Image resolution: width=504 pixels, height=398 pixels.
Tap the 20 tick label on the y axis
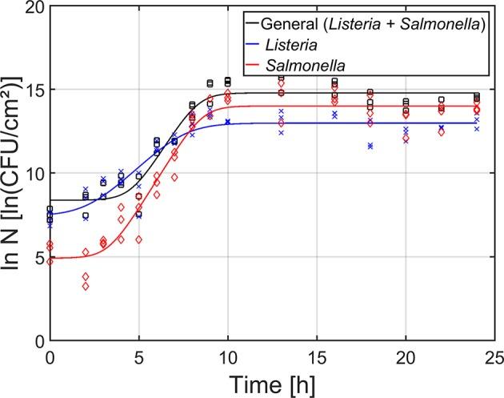[33, 7]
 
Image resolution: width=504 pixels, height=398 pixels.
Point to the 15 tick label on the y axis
[33, 90]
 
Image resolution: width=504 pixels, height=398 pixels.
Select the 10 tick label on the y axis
[33, 174]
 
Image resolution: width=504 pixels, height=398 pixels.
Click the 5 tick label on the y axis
[38, 257]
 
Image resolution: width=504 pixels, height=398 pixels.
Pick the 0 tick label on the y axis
[38, 341]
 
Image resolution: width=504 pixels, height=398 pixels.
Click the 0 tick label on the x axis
[50, 355]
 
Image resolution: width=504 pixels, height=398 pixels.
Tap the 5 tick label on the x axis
[139, 355]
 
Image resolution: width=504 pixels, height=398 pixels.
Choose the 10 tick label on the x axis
[228, 355]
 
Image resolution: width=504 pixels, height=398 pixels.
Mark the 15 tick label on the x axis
[318, 355]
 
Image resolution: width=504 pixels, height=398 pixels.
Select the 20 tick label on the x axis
[406, 355]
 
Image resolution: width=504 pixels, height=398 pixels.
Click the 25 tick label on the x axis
[495, 355]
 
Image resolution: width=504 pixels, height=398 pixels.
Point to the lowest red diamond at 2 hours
[86, 286]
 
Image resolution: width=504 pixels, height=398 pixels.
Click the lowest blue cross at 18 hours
[370, 147]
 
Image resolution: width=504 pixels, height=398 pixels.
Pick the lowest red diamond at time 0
[50, 261]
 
